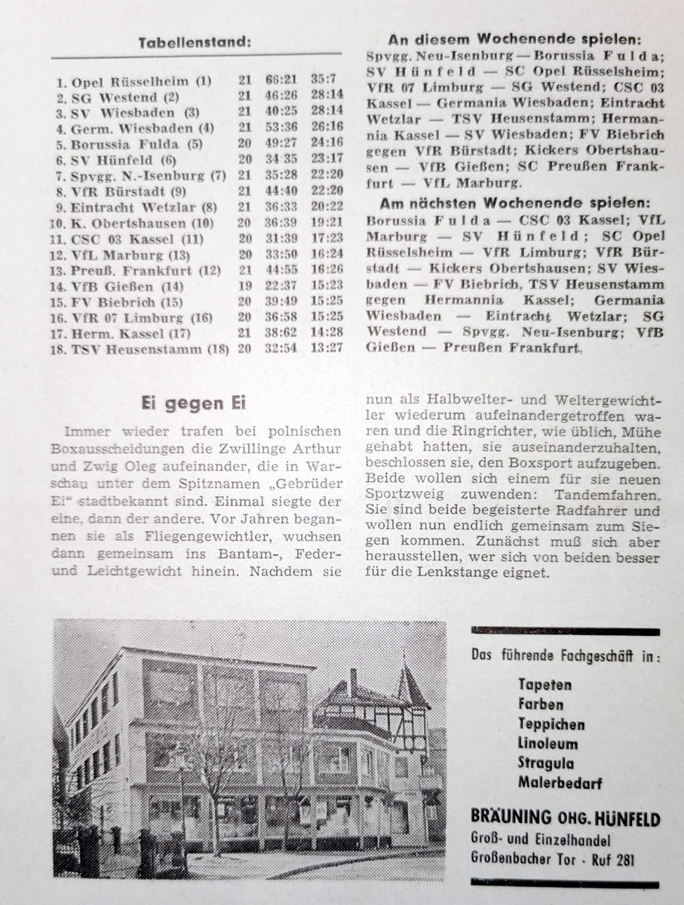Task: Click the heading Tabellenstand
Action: [194, 43]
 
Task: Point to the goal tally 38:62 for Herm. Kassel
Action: [282, 333]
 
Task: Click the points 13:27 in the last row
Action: [327, 348]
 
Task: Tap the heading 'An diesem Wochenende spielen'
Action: [515, 40]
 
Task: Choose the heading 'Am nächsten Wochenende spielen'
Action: [514, 203]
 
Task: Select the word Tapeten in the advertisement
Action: [544, 685]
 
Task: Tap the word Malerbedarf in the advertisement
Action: [560, 783]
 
